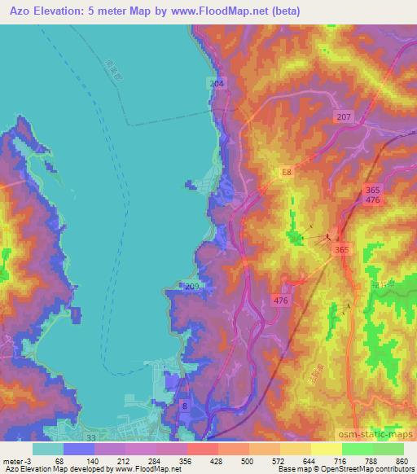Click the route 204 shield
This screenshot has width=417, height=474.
tap(216, 84)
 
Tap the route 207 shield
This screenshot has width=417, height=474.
tap(343, 118)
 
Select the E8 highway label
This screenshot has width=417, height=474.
tap(286, 173)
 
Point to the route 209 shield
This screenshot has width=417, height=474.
tap(192, 287)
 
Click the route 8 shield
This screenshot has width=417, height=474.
tap(185, 406)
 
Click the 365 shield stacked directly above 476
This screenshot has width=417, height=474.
tap(372, 190)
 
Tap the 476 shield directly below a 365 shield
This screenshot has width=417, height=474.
tap(372, 200)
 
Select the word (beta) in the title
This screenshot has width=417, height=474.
tap(259, 11)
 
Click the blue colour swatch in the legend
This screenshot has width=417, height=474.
tap(79, 448)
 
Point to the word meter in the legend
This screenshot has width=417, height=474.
tap(13, 460)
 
